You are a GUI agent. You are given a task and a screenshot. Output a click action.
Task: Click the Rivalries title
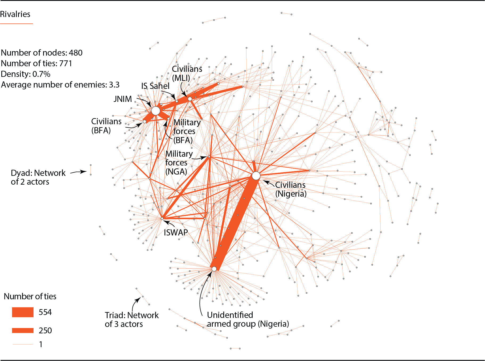[15, 14]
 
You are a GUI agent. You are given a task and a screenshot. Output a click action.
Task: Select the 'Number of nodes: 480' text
[42, 53]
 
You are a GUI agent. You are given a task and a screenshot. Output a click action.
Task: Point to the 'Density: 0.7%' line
[26, 74]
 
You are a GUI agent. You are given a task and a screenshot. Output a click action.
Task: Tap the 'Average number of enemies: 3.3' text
[60, 85]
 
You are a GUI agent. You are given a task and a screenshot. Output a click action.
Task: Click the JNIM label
[123, 99]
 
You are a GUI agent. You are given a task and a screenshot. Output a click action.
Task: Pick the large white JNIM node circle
[156, 111]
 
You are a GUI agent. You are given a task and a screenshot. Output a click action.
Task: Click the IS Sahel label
[155, 86]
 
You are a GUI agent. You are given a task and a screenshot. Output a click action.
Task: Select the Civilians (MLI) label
[187, 73]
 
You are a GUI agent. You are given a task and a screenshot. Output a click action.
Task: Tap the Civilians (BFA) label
[106, 126]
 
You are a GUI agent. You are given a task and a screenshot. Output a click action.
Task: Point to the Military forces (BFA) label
[187, 131]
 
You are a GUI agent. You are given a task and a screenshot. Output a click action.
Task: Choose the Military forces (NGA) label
[179, 163]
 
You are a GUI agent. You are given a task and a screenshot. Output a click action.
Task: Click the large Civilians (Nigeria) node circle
[256, 176]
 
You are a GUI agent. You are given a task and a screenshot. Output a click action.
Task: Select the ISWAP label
[176, 233]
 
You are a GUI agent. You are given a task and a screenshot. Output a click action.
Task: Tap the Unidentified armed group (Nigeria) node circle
[214, 269]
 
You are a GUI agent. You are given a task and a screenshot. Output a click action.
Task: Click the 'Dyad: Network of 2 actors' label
[38, 177]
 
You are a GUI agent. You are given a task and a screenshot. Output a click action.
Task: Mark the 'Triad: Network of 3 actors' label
[131, 319]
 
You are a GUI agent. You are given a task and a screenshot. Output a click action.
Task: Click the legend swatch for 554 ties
[23, 312]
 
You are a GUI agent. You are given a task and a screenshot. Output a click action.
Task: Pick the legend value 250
[45, 330]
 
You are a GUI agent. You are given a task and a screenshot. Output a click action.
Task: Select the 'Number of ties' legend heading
[30, 296]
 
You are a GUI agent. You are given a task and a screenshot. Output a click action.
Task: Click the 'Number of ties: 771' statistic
[36, 63]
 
